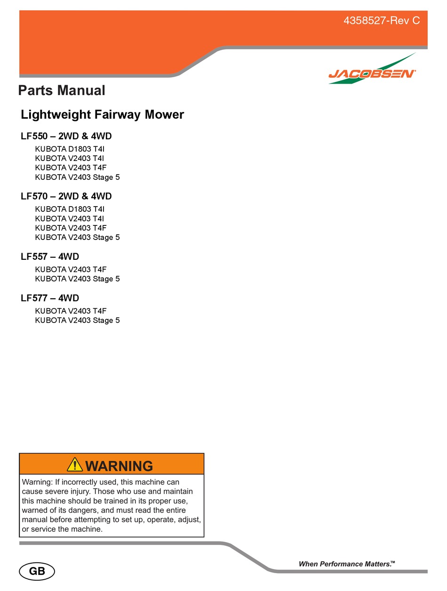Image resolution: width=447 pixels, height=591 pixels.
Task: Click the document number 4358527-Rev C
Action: [382, 21]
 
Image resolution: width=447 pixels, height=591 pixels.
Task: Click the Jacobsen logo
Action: [372, 73]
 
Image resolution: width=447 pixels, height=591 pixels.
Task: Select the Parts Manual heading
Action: [62, 90]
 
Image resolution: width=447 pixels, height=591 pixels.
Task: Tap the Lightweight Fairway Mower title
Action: [102, 114]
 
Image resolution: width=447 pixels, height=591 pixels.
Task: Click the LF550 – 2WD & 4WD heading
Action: [66, 136]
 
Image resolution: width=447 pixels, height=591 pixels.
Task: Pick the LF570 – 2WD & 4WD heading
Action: [66, 197]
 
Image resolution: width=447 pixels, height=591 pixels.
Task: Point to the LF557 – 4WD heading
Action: [50, 257]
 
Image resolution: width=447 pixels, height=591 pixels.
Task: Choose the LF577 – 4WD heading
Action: [50, 298]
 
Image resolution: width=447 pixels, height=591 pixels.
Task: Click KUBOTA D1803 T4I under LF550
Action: [70, 149]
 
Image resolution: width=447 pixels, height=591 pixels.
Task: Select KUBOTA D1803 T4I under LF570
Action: [70, 209]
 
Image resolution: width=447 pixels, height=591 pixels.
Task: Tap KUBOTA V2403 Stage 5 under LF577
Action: [77, 320]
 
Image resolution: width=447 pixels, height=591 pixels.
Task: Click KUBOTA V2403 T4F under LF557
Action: [71, 270]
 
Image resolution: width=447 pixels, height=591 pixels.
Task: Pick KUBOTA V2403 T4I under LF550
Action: [70, 159]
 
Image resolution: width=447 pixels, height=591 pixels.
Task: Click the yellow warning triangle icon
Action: [75, 465]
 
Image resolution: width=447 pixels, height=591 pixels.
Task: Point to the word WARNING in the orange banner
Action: [119, 466]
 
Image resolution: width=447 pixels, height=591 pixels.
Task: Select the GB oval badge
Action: [37, 572]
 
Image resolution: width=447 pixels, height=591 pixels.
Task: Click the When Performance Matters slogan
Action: [347, 564]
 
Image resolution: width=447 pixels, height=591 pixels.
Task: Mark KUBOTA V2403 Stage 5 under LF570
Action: [77, 238]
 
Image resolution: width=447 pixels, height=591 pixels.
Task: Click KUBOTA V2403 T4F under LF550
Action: [71, 168]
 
